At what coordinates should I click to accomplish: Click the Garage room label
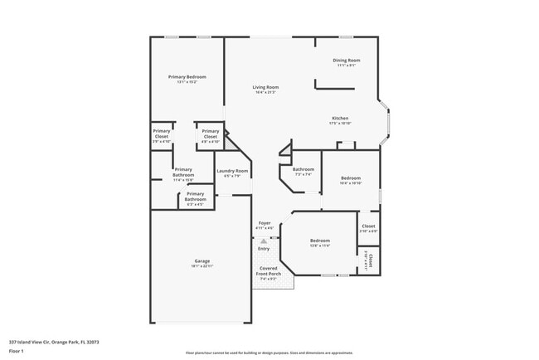pyautogui.click(x=197, y=263)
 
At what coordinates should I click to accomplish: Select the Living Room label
pyautogui.click(x=265, y=89)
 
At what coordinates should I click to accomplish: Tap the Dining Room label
pyautogui.click(x=347, y=61)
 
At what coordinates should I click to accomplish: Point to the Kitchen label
pyautogui.click(x=340, y=119)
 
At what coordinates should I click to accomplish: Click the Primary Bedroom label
pyautogui.click(x=187, y=78)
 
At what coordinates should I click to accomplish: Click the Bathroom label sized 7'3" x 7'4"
pyautogui.click(x=303, y=171)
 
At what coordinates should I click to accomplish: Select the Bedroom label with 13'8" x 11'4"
pyautogui.click(x=319, y=242)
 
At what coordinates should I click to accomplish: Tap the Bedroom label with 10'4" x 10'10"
pyautogui.click(x=351, y=179)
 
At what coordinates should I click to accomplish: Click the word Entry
pyautogui.click(x=264, y=249)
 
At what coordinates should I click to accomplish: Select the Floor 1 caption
pyautogui.click(x=17, y=351)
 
